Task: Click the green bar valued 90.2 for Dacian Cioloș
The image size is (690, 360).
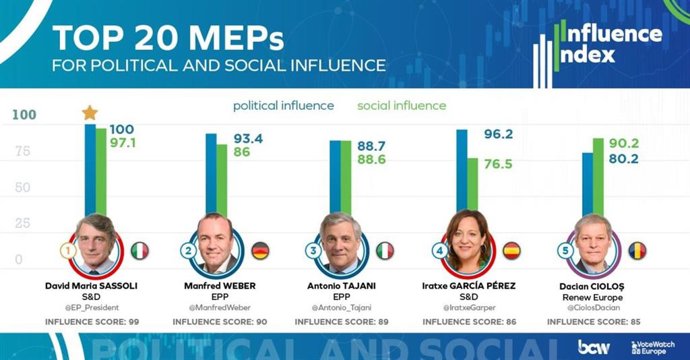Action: pyautogui.click(x=598, y=180)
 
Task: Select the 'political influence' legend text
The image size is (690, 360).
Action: pyautogui.click(x=285, y=105)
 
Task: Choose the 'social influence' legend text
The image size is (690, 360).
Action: pyautogui.click(x=404, y=105)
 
